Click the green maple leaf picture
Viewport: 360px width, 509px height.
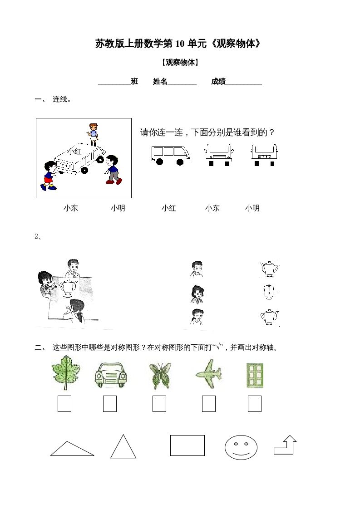(x=66, y=372)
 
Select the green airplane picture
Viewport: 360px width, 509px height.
(x=208, y=373)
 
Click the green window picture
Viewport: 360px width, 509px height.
(x=255, y=375)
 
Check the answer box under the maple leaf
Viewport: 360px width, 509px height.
(x=64, y=404)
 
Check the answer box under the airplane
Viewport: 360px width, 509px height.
(x=208, y=404)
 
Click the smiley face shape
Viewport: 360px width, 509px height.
(x=241, y=448)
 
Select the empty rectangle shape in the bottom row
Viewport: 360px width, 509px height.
(x=187, y=445)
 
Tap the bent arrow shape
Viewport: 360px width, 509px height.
(x=286, y=445)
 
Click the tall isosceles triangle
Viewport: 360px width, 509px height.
(x=123, y=447)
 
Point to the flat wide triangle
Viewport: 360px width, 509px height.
(x=72, y=450)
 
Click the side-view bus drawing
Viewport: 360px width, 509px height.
(x=170, y=155)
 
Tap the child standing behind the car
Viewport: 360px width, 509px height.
(x=93, y=134)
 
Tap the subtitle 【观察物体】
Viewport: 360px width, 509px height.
(x=180, y=63)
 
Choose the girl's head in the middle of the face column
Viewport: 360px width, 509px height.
(x=197, y=294)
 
